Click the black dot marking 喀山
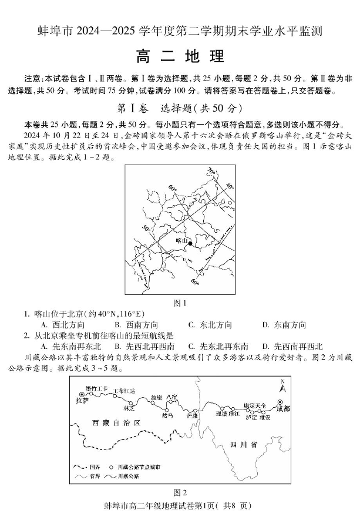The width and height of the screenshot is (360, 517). click(x=191, y=243)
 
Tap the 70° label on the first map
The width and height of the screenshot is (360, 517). click(x=210, y=171)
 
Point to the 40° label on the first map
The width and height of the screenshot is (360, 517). click(x=229, y=186)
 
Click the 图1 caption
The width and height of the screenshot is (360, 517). click(x=179, y=304)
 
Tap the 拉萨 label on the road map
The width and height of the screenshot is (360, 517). click(x=82, y=401)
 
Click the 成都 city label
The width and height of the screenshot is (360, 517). click(x=282, y=408)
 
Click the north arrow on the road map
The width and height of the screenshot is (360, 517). click(x=282, y=388)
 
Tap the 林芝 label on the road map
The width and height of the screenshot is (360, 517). click(x=130, y=407)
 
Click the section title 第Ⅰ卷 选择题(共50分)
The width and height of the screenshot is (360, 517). click(x=180, y=109)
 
